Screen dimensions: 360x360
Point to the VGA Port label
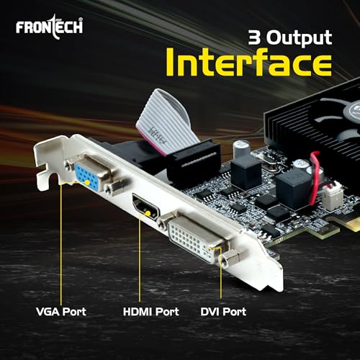[x=62, y=312]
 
